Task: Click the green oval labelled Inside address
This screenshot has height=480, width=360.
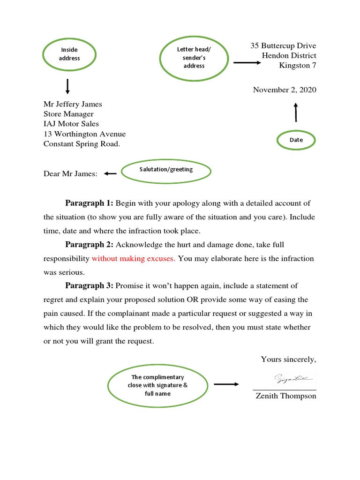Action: tap(69, 54)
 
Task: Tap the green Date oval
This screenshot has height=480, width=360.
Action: tap(296, 140)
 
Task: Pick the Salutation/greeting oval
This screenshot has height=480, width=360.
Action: tap(166, 170)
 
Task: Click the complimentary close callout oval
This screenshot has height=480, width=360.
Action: tap(157, 385)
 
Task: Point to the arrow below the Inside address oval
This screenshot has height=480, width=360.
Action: tap(68, 87)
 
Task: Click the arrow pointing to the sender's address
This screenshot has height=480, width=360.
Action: tap(247, 62)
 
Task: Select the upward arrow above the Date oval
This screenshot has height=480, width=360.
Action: tap(295, 112)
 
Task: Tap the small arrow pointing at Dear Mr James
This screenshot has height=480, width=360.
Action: tap(110, 174)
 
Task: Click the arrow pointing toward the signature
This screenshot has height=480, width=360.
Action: tap(226, 384)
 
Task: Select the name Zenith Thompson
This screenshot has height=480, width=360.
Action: tap(285, 396)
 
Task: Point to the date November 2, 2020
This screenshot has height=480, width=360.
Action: tap(285, 90)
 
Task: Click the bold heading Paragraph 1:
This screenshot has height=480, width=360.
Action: tap(89, 203)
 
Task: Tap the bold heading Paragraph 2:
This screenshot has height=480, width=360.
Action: tap(89, 245)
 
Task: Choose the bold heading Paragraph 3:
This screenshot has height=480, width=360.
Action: tap(89, 286)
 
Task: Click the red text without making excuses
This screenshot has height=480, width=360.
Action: tap(134, 258)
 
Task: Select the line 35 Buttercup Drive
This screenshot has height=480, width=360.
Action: tap(283, 45)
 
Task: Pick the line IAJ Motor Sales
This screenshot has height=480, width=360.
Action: tap(71, 124)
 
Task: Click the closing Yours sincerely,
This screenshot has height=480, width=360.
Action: tap(288, 360)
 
